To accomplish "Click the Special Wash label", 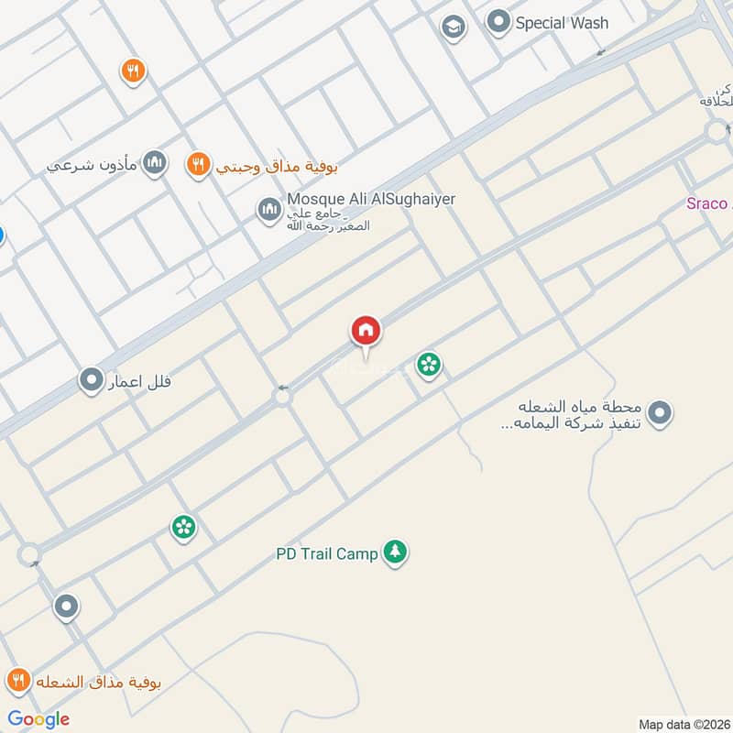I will click(562, 23).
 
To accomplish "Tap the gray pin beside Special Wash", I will click(498, 22).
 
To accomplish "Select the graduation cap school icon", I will click(453, 27).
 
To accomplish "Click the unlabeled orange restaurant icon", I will click(134, 71).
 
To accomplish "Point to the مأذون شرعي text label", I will click(93, 166).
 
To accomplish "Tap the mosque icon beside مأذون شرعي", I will click(156, 164).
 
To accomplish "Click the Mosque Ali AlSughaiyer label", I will click(371, 199).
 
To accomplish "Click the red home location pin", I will click(366, 332).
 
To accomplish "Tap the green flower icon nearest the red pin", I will click(428, 366).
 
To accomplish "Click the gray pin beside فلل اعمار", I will click(92, 378).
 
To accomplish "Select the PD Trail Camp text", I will click(327, 553).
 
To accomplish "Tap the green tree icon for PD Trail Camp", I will click(395, 552).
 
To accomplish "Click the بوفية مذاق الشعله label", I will click(99, 682).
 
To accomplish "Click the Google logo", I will click(38, 718).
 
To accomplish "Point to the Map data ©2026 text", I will click(683, 723).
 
